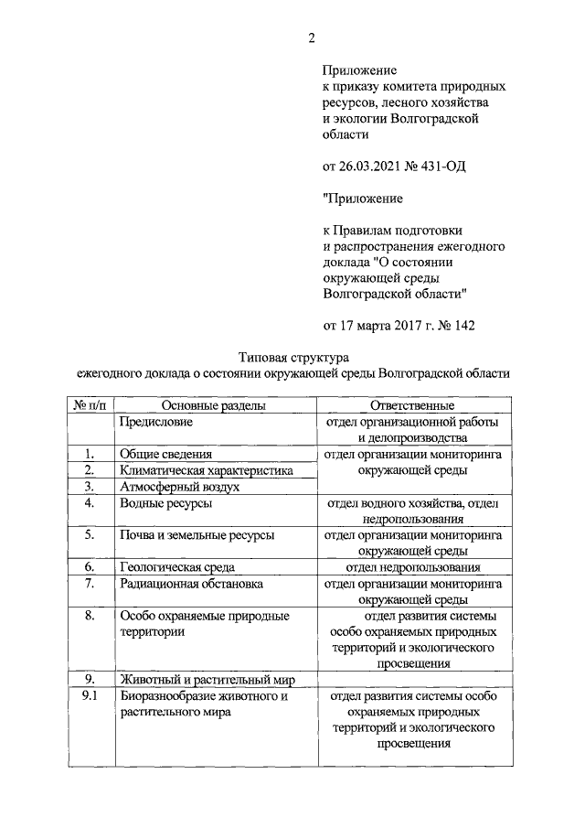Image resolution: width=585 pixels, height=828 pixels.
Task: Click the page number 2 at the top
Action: (x=310, y=38)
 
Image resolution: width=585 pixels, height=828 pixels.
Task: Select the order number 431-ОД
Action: (x=448, y=166)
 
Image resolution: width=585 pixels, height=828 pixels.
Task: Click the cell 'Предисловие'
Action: (x=155, y=422)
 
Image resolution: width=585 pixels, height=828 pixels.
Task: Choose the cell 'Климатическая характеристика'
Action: (x=206, y=470)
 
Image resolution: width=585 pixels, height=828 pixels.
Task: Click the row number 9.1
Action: (x=90, y=696)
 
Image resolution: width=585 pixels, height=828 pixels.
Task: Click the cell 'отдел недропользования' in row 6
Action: (x=412, y=567)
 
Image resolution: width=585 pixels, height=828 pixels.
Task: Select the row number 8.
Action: (x=90, y=616)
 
